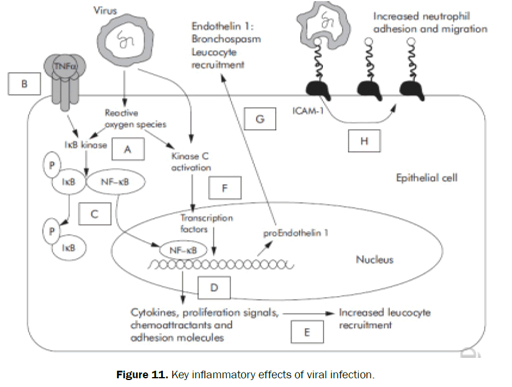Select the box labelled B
tap(24, 84)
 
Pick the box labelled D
tap(213, 287)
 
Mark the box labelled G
tap(260, 119)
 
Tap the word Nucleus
tap(374, 259)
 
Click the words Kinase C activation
tap(191, 162)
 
